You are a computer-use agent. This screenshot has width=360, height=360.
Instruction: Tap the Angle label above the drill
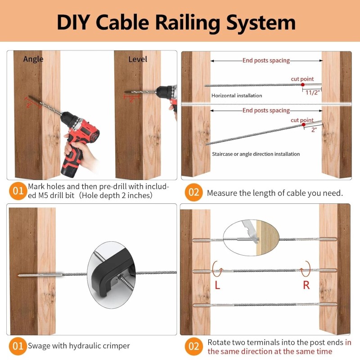[x=33, y=59]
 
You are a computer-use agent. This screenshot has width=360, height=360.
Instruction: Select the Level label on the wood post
[x=138, y=59]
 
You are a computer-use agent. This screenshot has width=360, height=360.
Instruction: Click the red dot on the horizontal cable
[x=302, y=85]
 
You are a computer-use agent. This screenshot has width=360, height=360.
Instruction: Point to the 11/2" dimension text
[x=312, y=93]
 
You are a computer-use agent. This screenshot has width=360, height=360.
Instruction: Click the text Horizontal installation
[x=237, y=96]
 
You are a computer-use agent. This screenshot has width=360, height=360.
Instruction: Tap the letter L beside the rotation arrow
[x=217, y=286]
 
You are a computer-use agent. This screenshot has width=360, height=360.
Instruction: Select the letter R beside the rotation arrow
[x=306, y=286]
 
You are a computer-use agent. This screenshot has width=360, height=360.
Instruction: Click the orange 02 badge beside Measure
[x=193, y=193]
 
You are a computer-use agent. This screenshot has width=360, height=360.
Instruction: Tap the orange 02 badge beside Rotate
[x=193, y=346]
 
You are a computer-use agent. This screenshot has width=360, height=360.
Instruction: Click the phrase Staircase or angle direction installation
[x=256, y=154]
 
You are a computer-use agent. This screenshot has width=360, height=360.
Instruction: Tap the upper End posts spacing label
[x=266, y=60]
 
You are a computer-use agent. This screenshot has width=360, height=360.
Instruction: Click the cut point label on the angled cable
[x=302, y=120]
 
